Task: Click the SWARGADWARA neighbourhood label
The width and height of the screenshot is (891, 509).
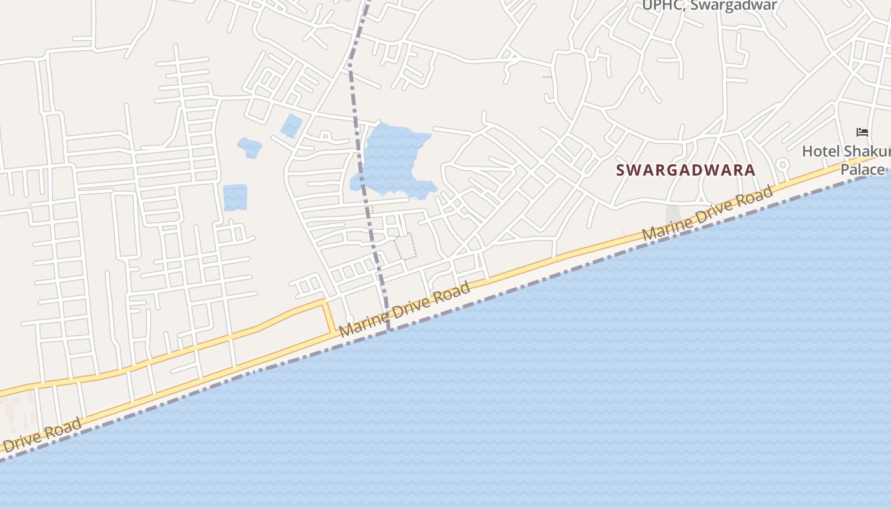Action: coord(685,171)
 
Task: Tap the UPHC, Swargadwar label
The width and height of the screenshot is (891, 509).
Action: coord(709,6)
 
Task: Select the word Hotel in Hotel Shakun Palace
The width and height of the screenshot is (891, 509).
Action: coord(820,151)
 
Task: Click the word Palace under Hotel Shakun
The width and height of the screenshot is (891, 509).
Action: coord(862,170)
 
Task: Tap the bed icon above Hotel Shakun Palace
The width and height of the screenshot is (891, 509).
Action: coord(862,132)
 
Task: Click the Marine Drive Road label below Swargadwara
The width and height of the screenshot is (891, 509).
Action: coord(708,213)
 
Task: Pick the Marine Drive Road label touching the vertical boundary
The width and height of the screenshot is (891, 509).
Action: coord(404,309)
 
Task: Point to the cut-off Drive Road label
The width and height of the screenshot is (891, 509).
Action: coord(41,435)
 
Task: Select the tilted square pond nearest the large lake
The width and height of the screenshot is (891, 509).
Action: coord(291,125)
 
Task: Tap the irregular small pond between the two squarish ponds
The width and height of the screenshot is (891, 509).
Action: coord(250,147)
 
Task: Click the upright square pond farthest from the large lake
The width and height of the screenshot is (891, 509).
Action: coord(235,198)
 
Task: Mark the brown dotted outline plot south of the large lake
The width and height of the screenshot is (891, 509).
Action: coord(405,246)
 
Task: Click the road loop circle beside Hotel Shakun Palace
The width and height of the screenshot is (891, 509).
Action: coord(782,165)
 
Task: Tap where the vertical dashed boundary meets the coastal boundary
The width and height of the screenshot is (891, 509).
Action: coord(388,330)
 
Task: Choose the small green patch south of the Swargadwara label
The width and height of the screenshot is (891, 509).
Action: coord(672,214)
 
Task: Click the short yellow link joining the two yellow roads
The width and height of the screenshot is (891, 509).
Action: coord(329,317)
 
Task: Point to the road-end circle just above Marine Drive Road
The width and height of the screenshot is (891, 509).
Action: coord(349,319)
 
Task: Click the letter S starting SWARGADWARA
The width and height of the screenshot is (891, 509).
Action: coord(621,171)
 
